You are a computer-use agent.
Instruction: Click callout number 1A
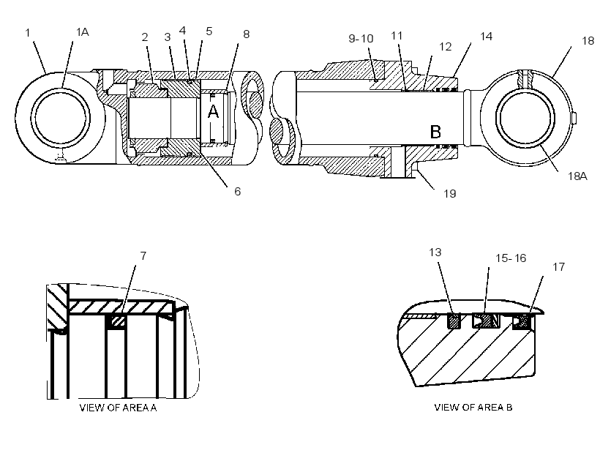(82, 32)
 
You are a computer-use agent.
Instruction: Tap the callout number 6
(238, 192)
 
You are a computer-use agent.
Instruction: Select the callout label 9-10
(361, 39)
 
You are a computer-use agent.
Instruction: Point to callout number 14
(486, 37)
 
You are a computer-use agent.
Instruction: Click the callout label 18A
(577, 176)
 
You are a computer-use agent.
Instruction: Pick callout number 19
(449, 194)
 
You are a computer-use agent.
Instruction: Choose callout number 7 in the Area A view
(143, 255)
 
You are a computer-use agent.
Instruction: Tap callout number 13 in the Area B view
(435, 252)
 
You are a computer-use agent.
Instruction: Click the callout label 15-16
(511, 258)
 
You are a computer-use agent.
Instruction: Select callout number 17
(559, 267)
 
